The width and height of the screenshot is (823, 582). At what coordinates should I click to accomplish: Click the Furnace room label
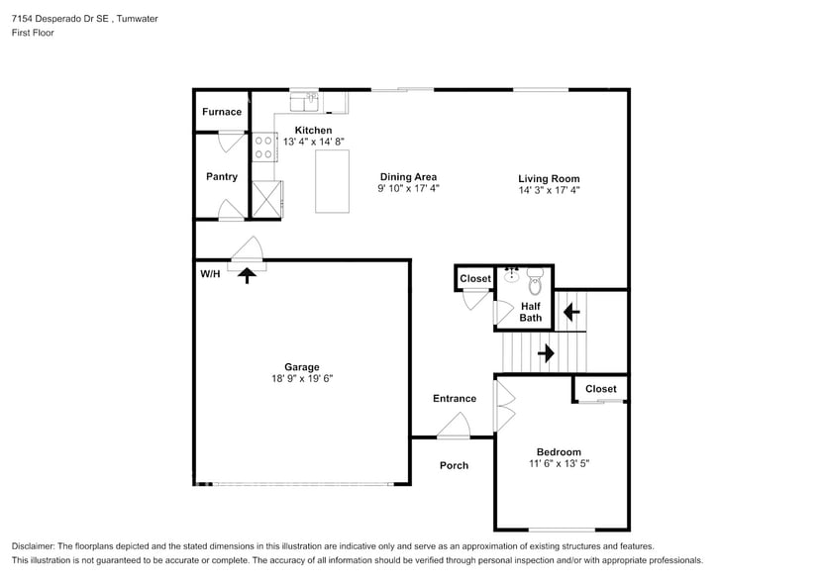coord(222,112)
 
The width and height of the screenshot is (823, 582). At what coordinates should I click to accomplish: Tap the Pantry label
coord(222,177)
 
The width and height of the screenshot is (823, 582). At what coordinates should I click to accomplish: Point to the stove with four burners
coord(263,147)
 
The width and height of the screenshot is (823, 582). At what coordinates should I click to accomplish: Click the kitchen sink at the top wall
coord(303,100)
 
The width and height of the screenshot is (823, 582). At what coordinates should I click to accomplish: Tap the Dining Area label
coord(408,177)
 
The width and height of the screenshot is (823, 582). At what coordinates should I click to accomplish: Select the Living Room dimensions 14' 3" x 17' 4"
coord(549,190)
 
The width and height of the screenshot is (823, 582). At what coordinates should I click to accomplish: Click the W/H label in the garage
coord(210,273)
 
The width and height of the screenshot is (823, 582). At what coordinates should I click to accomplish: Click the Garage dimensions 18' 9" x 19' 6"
coord(302,378)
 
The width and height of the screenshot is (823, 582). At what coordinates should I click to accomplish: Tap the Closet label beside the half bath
coord(475,279)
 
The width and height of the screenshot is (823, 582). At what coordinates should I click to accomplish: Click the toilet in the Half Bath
coord(535,283)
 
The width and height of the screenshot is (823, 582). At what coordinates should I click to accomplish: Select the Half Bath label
coord(532,312)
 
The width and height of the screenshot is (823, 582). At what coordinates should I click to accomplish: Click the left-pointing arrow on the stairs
coord(570,313)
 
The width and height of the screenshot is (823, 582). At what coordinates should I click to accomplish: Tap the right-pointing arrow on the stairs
coord(545,351)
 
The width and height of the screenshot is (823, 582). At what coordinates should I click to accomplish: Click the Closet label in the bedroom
coord(600,389)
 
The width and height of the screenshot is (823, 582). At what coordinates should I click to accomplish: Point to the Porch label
coord(454,465)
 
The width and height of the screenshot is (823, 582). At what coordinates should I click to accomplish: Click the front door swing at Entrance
coord(454,427)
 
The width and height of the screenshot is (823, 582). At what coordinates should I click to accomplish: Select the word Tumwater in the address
coord(135,19)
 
